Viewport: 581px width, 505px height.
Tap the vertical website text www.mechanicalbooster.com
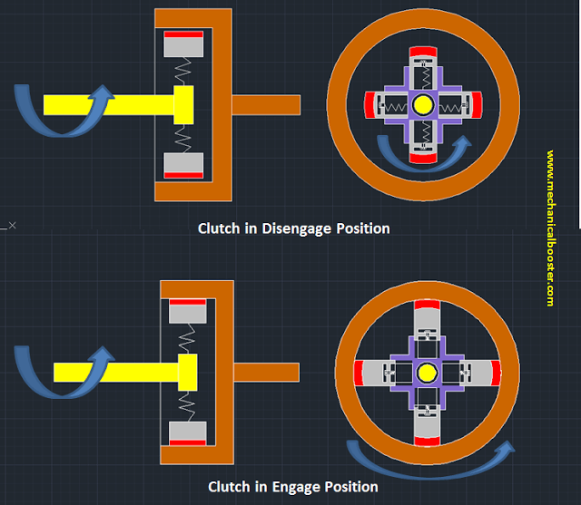tap(550, 227)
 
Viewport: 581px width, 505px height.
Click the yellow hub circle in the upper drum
tap(422, 105)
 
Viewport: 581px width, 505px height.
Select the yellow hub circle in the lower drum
tap(426, 374)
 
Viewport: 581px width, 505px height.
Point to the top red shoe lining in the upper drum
tap(422, 52)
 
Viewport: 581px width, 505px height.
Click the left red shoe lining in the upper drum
tap(369, 105)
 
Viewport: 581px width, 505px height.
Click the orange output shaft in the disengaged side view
tap(267, 104)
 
